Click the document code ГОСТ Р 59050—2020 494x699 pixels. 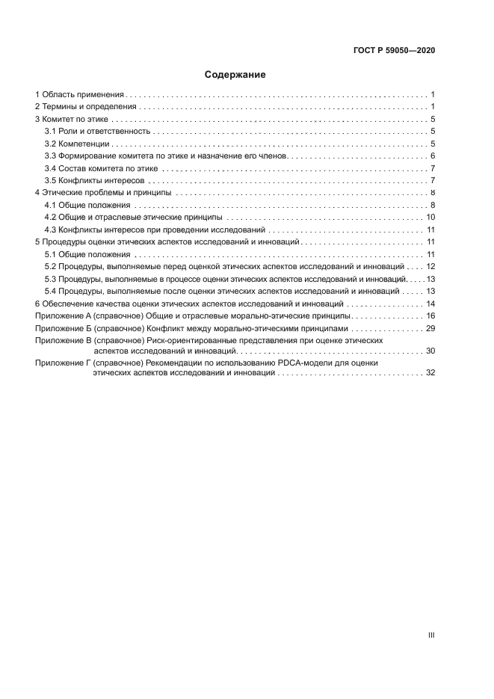[394, 51]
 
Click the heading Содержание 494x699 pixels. [235, 75]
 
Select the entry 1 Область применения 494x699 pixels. [78, 95]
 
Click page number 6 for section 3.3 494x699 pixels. [433, 155]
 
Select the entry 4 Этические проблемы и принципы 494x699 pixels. [103, 193]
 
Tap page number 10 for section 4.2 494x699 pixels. [430, 217]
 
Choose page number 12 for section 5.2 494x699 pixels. [430, 266]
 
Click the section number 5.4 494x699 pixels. [51, 291]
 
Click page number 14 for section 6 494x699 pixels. [430, 304]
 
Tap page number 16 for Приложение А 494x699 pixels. [430, 316]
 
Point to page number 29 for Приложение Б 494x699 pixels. [430, 328]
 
